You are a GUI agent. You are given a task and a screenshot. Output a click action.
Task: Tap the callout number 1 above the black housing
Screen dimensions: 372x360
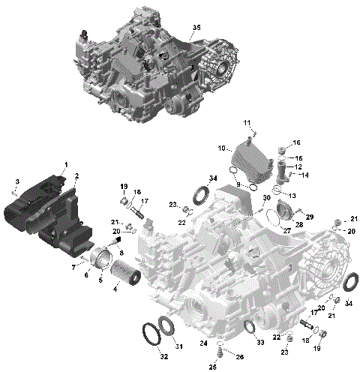65,164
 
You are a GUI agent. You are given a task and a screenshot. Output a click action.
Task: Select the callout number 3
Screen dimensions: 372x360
17,181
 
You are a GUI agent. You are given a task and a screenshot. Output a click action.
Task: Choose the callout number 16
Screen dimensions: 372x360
296,142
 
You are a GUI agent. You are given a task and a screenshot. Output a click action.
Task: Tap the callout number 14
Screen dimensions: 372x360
305,175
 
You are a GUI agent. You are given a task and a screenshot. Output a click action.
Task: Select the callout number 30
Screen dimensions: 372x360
267,197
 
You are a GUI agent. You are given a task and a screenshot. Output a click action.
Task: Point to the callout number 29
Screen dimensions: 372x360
310,217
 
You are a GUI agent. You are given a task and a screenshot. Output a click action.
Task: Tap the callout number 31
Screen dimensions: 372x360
178,346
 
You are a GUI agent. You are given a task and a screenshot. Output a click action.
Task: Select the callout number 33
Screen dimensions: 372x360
260,343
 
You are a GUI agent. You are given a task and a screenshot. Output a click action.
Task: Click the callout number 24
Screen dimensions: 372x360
203,343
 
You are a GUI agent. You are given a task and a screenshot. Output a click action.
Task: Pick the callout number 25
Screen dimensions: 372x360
212,367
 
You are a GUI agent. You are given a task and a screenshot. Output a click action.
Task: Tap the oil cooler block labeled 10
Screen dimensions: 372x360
251,161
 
